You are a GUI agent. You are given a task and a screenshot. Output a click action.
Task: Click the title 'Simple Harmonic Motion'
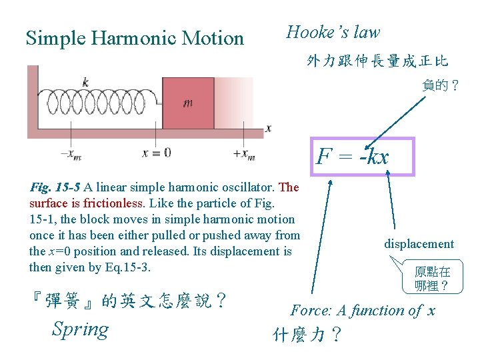pyautogui.click(x=135, y=38)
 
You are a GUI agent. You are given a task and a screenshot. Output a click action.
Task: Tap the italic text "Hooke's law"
pyautogui.click(x=333, y=32)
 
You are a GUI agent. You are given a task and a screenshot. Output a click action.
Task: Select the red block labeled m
pyautogui.click(x=188, y=103)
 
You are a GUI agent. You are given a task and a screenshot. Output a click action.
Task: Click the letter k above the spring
pyautogui.click(x=85, y=83)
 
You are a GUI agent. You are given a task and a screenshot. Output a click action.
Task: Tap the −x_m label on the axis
pyautogui.click(x=71, y=153)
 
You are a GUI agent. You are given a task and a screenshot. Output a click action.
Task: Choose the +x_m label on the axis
pyautogui.click(x=243, y=153)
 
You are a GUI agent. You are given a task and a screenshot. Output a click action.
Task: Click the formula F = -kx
pyautogui.click(x=353, y=157)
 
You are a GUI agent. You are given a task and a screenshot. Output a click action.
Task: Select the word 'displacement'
pyautogui.click(x=419, y=244)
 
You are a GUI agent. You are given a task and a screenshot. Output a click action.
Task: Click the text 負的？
pyautogui.click(x=441, y=85)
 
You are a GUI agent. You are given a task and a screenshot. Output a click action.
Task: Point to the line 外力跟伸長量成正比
pyautogui.click(x=377, y=62)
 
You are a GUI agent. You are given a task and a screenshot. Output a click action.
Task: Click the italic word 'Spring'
pyautogui.click(x=80, y=329)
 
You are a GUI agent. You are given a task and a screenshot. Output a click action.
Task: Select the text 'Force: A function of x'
pyautogui.click(x=363, y=310)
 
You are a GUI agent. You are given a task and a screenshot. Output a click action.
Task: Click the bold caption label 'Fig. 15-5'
pyautogui.click(x=56, y=187)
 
